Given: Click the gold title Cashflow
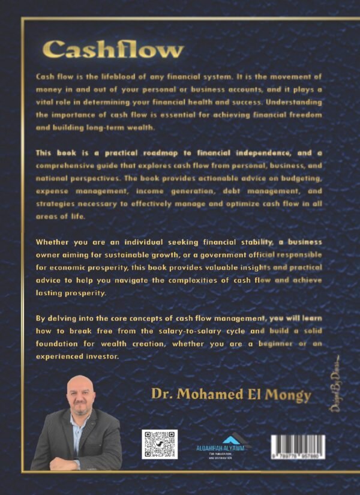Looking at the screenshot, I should click(x=113, y=50).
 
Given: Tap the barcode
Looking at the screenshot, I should click(x=298, y=447).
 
